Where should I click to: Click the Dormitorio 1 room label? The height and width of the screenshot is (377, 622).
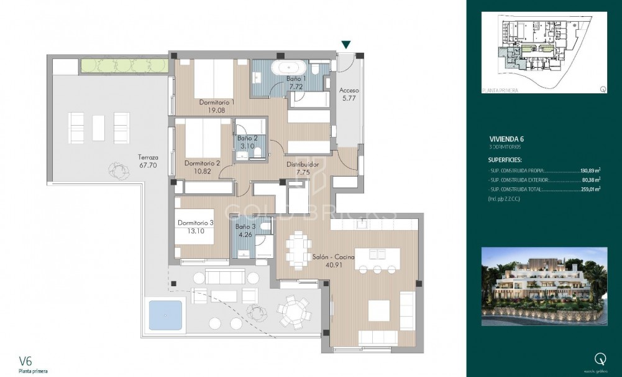pos(216,102)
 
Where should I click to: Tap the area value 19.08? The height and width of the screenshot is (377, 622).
pos(216,110)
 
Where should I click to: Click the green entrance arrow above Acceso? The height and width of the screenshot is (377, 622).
pos(346,45)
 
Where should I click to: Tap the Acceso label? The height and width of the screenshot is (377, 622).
pos(349,90)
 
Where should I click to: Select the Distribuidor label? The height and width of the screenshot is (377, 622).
pos(303,165)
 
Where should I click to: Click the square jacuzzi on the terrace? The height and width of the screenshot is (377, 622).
pos(165,315)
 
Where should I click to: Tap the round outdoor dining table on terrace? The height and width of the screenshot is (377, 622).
pos(291,310)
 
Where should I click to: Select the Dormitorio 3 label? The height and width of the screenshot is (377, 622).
pos(195,223)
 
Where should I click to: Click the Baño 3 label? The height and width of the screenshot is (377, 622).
pos(245,228)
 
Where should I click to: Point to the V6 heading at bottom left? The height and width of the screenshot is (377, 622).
pos(25,360)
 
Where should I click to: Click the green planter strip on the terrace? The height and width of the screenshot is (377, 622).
pos(124,65)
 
